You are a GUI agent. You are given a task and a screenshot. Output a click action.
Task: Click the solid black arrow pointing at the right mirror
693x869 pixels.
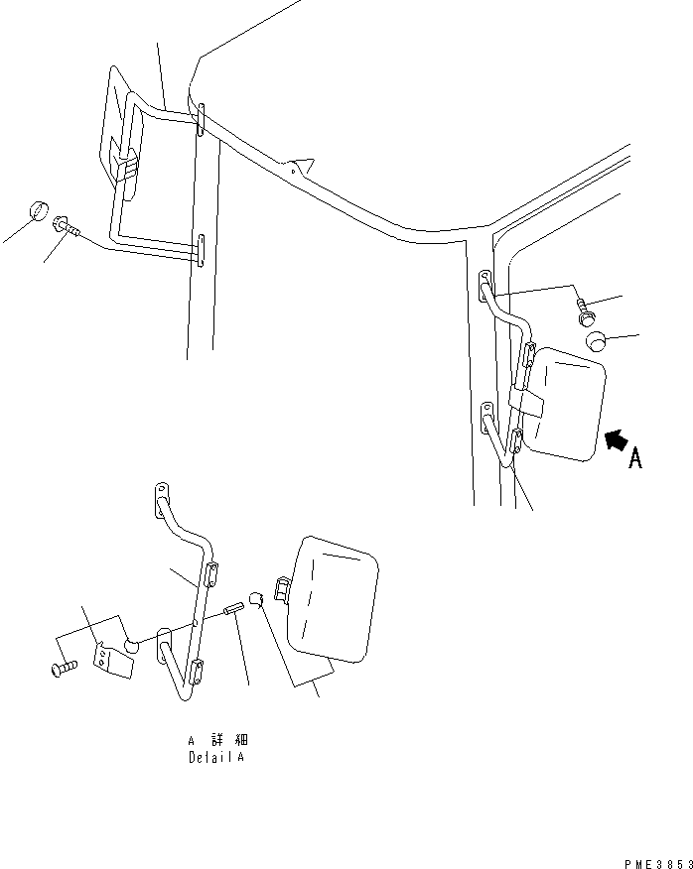point(617,442)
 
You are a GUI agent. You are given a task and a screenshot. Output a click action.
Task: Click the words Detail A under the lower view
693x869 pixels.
point(215,757)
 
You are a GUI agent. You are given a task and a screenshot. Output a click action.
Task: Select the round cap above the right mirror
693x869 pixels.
point(597,342)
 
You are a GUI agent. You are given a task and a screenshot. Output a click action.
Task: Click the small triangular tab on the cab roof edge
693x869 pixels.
point(299,165)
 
